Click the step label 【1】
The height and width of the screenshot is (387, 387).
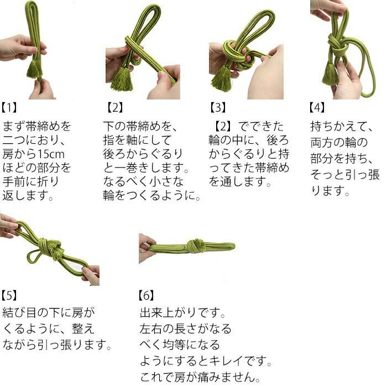point(9,108)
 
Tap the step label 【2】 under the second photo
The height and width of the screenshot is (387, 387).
point(115,108)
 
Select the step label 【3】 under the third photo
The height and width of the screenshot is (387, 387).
point(218,108)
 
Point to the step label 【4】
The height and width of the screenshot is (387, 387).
point(317,108)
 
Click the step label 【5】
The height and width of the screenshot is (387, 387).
point(9,295)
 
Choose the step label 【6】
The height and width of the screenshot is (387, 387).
point(147,295)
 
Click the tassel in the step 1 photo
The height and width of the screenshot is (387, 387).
point(34,69)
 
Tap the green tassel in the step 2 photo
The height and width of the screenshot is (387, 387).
point(122,79)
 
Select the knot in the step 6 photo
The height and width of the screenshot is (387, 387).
point(196,246)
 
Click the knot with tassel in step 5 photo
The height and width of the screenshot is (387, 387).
point(51,248)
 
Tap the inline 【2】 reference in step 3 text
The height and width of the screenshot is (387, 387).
point(223,127)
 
